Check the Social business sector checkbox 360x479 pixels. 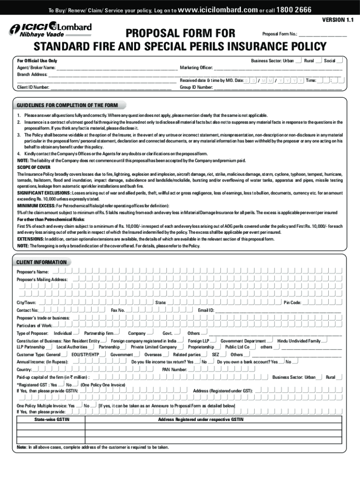tap(340, 60)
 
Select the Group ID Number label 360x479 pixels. tap(196, 87)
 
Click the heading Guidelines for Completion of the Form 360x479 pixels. tap(67, 105)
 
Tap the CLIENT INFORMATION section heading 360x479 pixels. tap(42, 262)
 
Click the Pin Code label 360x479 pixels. tap(292, 303)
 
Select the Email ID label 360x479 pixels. tap(206, 310)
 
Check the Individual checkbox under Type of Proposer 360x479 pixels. tap(76, 333)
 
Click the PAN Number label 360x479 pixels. tap(174, 370)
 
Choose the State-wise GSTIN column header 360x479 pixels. tap(50, 420)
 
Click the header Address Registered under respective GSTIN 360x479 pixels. tap(201, 420)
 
